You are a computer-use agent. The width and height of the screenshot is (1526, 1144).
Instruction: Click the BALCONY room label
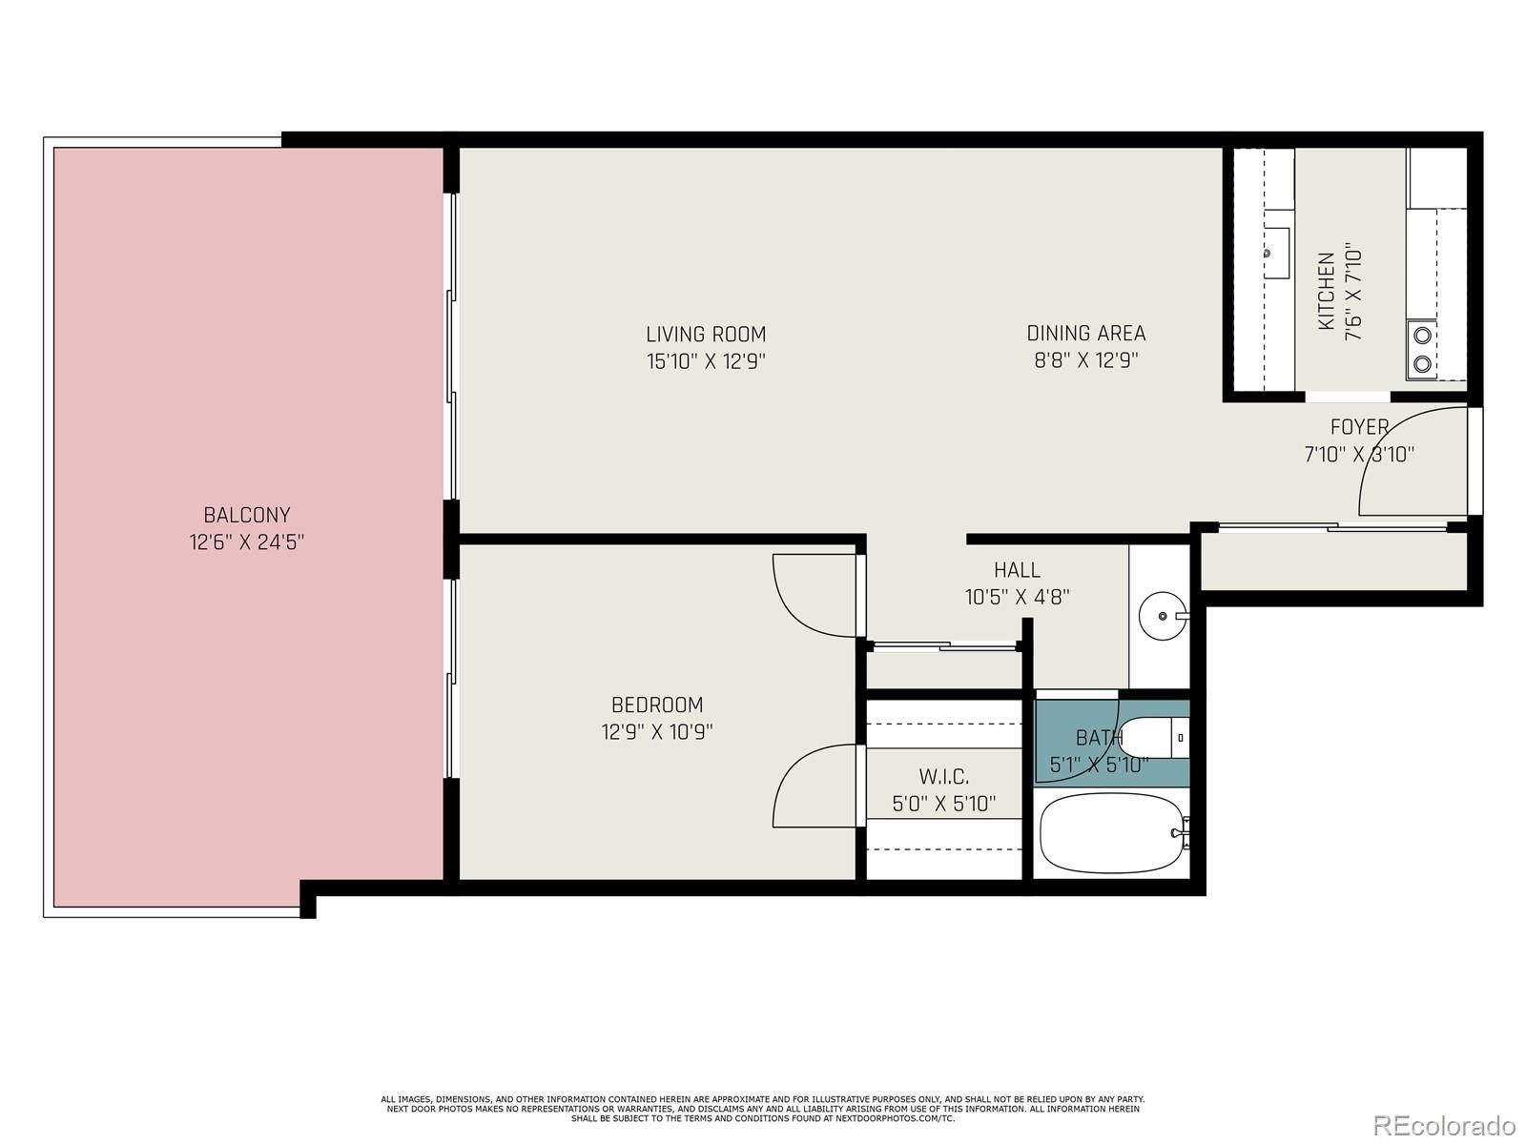click(x=247, y=515)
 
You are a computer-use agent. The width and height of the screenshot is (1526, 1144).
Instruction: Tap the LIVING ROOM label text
click(x=706, y=335)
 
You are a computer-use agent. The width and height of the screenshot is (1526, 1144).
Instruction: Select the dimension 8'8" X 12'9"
click(x=1086, y=360)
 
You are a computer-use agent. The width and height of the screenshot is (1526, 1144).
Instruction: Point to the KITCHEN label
click(x=1327, y=291)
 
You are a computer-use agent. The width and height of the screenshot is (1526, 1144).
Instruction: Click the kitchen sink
click(x=1276, y=253)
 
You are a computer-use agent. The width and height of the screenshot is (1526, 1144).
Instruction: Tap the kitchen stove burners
click(x=1422, y=349)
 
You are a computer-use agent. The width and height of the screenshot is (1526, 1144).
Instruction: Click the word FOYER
click(x=1359, y=426)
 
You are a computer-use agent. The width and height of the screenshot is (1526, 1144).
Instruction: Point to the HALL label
click(x=1017, y=570)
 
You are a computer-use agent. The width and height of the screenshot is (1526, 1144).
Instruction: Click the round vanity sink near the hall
click(x=1163, y=616)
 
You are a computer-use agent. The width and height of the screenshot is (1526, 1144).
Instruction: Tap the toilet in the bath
click(x=1155, y=737)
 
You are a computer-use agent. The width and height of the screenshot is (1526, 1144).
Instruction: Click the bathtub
click(x=1113, y=833)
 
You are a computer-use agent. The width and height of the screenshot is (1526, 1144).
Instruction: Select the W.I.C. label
click(x=944, y=776)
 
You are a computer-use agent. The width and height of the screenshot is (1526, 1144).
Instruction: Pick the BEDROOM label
click(x=657, y=705)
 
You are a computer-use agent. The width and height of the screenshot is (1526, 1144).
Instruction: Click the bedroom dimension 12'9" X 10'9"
click(x=657, y=732)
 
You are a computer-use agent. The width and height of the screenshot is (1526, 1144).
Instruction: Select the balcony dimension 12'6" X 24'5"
click(x=247, y=541)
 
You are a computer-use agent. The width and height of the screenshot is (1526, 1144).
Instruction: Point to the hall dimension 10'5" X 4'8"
click(x=1017, y=598)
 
